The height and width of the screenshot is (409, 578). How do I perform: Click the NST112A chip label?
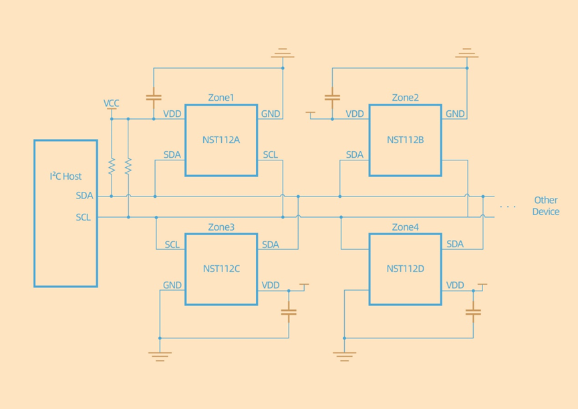pyautogui.click(x=221, y=140)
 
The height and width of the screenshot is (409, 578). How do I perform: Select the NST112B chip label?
pyautogui.click(x=405, y=140)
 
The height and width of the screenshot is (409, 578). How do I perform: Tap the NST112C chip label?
pyautogui.click(x=221, y=269)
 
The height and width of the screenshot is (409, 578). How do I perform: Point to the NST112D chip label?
pyautogui.click(x=405, y=269)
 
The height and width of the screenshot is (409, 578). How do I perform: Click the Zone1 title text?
pyautogui.click(x=221, y=98)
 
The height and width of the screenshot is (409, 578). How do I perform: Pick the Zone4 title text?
pyautogui.click(x=405, y=227)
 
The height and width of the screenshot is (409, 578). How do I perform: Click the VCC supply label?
pyautogui.click(x=112, y=103)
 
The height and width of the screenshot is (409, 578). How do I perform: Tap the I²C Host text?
pyautogui.click(x=65, y=176)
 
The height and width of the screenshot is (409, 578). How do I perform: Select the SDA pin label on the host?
pyautogui.click(x=85, y=196)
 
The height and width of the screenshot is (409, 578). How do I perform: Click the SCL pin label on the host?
pyautogui.click(x=84, y=217)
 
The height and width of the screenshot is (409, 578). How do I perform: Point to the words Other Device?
pyautogui.click(x=546, y=206)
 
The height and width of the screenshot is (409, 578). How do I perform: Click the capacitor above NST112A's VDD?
pyautogui.click(x=154, y=98)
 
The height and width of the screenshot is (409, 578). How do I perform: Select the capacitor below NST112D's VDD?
pyautogui.click(x=473, y=311)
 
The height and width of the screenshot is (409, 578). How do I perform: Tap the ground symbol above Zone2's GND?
pyautogui.click(x=466, y=53)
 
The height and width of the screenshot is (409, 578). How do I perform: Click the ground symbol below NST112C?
pyautogui.click(x=160, y=355)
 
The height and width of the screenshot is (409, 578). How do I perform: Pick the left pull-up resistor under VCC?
pyautogui.click(x=112, y=166)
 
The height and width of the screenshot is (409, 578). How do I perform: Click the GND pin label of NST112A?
pyautogui.click(x=271, y=114)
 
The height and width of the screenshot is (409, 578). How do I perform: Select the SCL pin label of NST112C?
pyautogui.click(x=172, y=245)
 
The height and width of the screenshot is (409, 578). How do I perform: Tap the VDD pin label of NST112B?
pyautogui.click(x=355, y=114)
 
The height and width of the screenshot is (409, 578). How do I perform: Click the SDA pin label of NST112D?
pyautogui.click(x=455, y=244)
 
